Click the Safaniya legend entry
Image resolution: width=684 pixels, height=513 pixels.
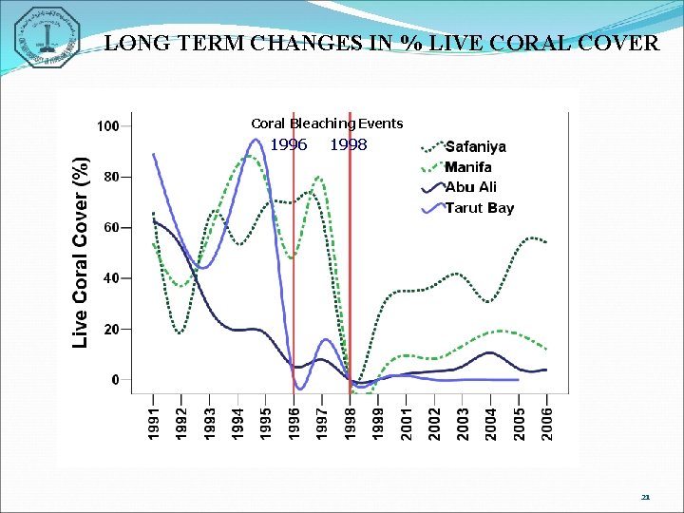pos(475,147)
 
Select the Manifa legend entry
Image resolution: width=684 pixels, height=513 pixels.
pos(468,167)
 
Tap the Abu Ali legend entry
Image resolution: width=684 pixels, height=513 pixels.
pos(470,187)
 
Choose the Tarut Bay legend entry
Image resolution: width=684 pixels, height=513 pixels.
pos(479,208)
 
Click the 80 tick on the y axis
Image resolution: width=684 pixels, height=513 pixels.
pos(111,177)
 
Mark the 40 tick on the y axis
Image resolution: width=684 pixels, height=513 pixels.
pos(111,278)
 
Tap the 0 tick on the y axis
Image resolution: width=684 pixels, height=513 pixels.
pos(115,380)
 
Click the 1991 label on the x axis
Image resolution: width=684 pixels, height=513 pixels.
pos(154,423)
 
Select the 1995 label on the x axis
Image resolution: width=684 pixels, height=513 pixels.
pos(266,423)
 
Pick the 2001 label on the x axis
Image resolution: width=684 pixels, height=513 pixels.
pos(406,423)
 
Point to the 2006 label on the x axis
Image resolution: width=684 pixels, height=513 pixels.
pos(546,423)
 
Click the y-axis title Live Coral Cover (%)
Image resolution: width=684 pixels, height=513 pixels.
pos(83,252)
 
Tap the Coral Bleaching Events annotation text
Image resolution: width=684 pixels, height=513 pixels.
pos(327,123)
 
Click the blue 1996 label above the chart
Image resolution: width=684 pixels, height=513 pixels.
pos(289,145)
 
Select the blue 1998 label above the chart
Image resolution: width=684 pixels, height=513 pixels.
pos(348,145)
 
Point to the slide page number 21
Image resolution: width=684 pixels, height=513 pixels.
pos(645,496)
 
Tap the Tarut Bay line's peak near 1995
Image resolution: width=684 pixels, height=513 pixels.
pos(256,140)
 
